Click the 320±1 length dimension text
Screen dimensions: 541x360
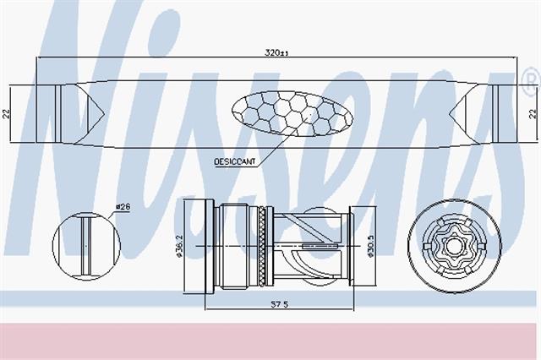point(276,53)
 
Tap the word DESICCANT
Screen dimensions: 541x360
point(235,161)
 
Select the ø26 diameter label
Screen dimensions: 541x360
point(123,207)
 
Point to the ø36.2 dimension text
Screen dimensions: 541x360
point(178,246)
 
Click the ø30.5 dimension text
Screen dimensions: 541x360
point(371,246)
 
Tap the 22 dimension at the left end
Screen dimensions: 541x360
point(7,113)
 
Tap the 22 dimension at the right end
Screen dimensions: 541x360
point(533,113)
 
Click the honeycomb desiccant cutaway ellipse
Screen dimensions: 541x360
point(292,113)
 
